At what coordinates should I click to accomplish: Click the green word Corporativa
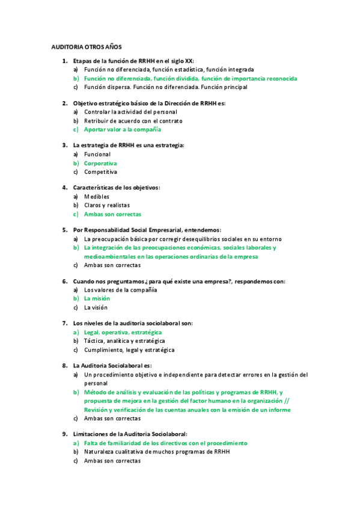100,163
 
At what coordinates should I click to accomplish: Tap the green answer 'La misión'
97,298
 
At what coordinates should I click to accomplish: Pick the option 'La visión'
96,307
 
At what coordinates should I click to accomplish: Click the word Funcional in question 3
97,154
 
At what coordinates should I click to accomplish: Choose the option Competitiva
100,172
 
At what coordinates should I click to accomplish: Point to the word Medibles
97,196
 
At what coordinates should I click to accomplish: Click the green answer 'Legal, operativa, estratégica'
123,332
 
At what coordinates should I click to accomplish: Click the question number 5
65,230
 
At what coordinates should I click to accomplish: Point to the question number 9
65,434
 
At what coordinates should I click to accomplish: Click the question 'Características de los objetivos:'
116,188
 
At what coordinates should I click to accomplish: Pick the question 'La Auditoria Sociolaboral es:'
112,366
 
